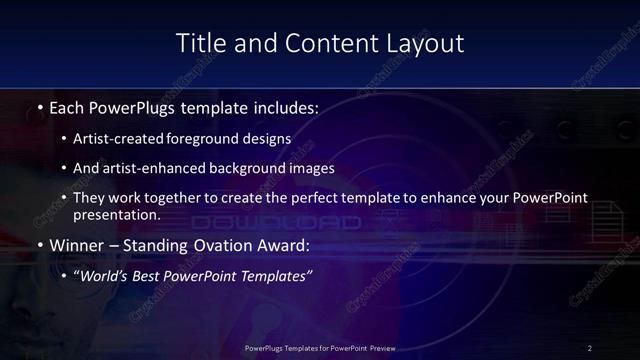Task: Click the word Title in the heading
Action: coord(198,43)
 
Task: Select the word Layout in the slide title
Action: coord(426,43)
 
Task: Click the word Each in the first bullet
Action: coord(67,106)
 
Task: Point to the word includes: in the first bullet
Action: coord(282,106)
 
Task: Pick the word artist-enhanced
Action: coord(158,168)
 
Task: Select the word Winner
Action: coord(75,245)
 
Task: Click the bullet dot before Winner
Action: coord(39,246)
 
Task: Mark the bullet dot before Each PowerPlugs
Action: coord(39,107)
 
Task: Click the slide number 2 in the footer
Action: coord(590,348)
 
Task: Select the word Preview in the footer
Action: coord(380,348)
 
